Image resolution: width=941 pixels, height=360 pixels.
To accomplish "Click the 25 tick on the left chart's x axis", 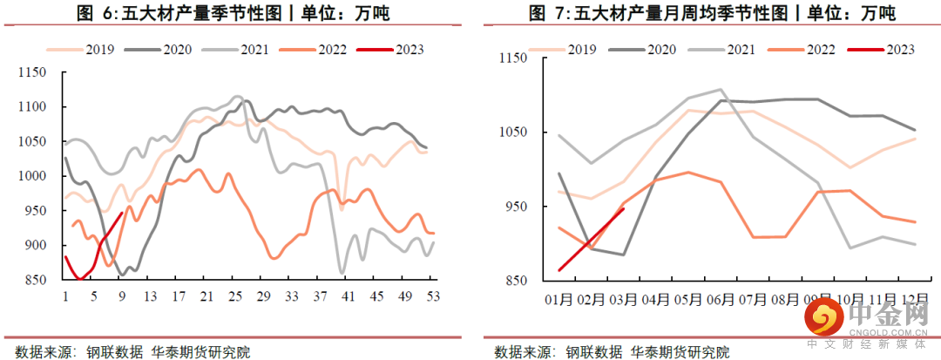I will pyautogui.click(x=235, y=295).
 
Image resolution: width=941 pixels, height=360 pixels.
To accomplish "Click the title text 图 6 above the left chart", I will pyautogui.click(x=91, y=15).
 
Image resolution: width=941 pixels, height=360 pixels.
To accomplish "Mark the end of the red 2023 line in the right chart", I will pyautogui.click(x=625, y=208).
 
